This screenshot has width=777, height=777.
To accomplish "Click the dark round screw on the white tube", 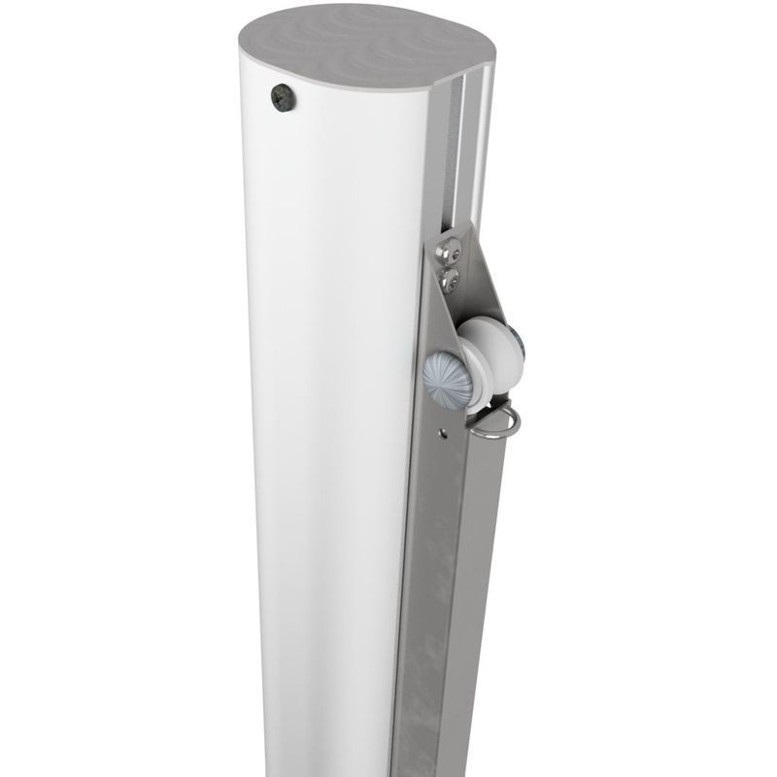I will tap(284, 97).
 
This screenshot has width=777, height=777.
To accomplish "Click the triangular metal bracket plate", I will tap(476, 291).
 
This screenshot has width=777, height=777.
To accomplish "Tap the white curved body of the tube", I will tap(330, 388).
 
